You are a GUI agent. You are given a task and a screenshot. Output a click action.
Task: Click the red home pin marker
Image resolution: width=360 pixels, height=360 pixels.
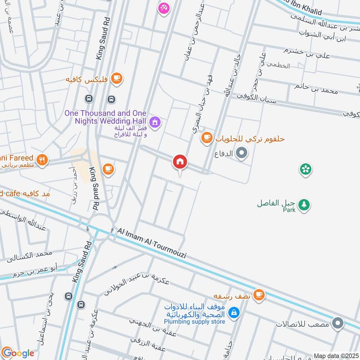coord(180,162)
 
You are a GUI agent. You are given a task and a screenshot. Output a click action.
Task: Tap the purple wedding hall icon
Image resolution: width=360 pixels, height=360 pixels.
coord(155,122)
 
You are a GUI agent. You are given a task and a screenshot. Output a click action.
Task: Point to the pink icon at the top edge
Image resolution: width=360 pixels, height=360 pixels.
coord(162,8)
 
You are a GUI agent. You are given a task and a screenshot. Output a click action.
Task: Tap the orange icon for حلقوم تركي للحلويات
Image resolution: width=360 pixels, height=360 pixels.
coord(207,138)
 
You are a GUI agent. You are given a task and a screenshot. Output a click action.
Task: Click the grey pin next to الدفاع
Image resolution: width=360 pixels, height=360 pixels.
coord(242,153)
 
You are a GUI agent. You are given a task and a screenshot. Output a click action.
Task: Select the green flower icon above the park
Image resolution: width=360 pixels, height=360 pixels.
coord(306,169)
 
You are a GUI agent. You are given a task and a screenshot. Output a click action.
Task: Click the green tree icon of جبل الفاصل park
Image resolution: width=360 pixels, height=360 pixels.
coord(305,204)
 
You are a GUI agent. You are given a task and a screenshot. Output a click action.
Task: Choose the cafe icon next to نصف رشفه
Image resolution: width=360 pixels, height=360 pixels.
coord(258,295)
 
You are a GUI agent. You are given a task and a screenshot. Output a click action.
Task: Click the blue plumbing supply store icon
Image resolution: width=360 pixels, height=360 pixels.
coord(234,312)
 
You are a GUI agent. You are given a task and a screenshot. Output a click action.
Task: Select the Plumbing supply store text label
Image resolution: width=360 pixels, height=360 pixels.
coord(194,322)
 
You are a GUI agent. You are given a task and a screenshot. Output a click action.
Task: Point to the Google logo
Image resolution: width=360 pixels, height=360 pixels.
coord(18,353)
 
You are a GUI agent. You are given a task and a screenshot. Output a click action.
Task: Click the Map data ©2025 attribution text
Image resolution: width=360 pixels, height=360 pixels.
coord(335,355)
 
